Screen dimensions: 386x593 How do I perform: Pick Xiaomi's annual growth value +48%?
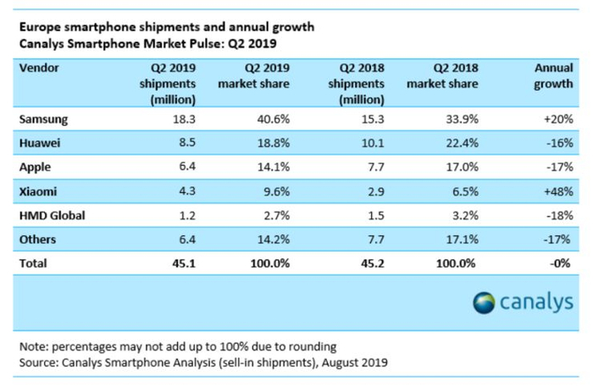point(557,192)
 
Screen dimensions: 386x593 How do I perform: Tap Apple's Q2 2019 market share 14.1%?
point(271,168)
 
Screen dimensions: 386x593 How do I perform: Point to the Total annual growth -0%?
point(560,263)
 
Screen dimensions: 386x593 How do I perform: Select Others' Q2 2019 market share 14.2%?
point(271,240)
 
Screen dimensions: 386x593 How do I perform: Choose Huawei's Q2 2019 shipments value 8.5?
point(186,145)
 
